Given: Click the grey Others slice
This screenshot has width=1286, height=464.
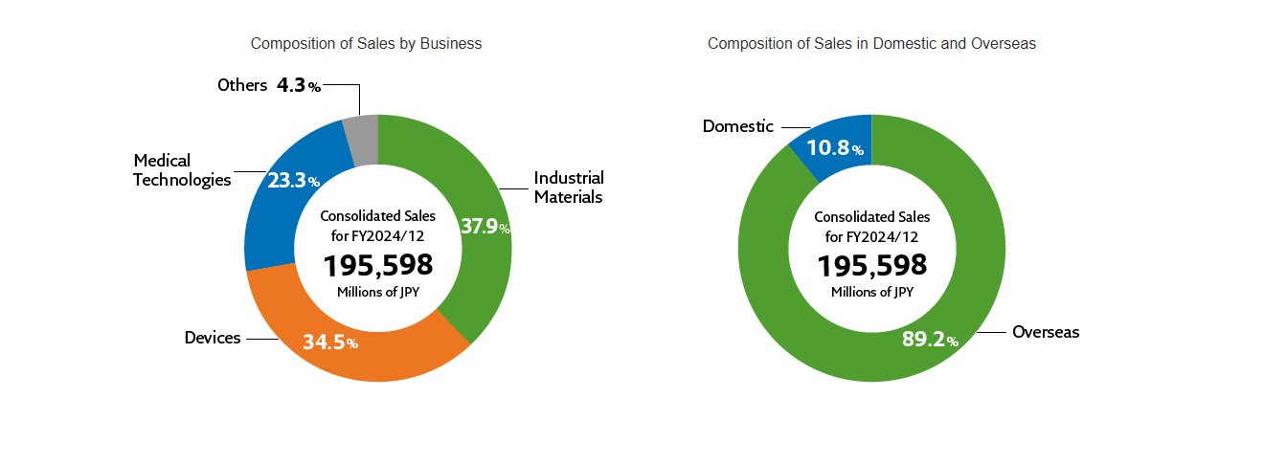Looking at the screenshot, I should point(363,138).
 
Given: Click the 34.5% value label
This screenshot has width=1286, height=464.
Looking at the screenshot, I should point(329,342).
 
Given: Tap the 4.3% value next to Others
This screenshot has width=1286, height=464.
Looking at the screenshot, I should point(298,85).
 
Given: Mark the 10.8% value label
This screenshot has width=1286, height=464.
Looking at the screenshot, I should point(835,148).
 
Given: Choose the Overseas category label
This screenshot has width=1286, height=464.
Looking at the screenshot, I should point(1046,332).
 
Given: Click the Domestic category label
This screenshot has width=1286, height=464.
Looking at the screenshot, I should point(737,126).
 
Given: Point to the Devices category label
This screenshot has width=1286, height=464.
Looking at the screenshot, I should point(213,338).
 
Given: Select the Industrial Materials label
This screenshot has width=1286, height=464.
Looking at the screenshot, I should point(569,188).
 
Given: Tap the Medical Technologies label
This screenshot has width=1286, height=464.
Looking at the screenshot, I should point(182,169).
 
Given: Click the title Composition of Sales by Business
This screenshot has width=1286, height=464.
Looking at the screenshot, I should point(366,44).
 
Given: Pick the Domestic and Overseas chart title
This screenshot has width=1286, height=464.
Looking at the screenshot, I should point(871,44).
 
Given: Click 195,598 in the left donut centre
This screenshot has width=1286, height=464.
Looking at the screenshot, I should point(378,265).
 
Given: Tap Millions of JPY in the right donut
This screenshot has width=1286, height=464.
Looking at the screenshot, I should point(871,293).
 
